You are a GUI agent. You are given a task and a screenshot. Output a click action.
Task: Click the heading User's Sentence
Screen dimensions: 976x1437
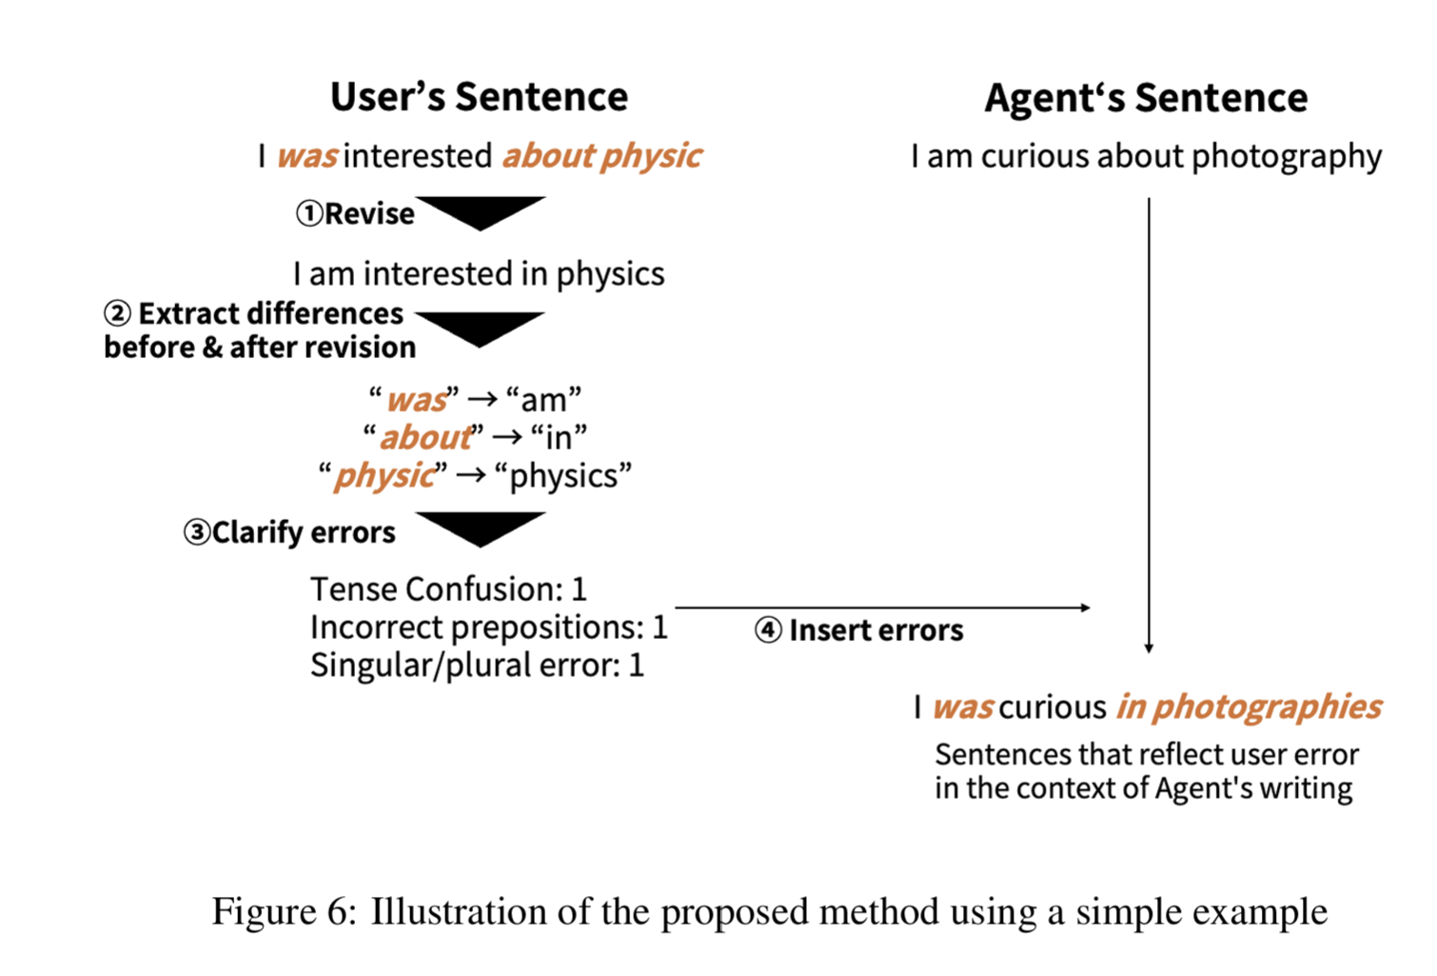pos(479,97)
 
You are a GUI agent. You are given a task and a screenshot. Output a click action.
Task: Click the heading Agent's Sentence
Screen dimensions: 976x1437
pos(1146,98)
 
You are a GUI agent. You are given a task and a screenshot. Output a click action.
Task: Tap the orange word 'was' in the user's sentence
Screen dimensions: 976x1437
pos(306,156)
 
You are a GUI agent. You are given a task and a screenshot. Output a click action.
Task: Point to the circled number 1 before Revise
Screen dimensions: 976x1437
pos(309,213)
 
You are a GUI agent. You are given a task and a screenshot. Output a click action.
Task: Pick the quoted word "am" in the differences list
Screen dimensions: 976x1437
pos(543,399)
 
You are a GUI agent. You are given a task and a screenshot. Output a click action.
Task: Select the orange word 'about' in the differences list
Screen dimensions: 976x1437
pos(424,437)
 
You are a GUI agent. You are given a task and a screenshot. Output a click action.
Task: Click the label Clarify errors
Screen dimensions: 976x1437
pos(303,532)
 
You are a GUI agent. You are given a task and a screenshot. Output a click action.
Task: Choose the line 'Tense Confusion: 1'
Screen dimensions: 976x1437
pos(448,589)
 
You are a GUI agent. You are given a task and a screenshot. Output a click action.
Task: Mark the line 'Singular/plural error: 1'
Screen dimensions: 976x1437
pos(477,665)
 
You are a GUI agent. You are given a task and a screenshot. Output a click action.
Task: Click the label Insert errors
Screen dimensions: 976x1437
pos(876,630)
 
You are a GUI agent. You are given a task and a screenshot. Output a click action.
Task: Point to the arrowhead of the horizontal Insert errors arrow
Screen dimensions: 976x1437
pos(1086,608)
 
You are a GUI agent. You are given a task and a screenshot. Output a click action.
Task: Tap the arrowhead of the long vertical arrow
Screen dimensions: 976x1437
pos(1149,648)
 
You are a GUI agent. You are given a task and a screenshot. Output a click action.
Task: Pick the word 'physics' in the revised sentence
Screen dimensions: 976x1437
pos(610,274)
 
